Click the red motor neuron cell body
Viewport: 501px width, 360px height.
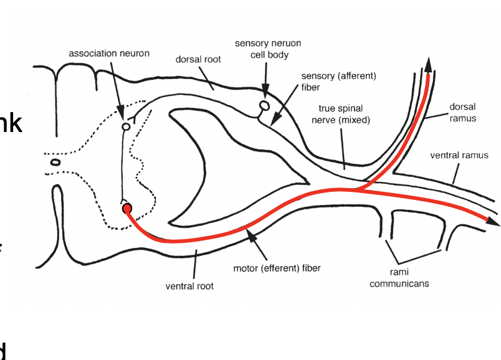127,209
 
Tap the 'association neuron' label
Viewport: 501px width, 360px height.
109,54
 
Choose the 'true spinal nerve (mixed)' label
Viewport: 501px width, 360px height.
341,115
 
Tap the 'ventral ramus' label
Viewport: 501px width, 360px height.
459,155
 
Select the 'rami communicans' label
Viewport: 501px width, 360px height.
399,278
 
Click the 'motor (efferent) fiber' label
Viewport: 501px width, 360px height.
277,269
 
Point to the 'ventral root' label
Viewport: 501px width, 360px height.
189,287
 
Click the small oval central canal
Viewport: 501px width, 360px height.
55,163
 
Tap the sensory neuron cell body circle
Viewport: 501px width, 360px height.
264,106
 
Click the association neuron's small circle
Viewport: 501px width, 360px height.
125,126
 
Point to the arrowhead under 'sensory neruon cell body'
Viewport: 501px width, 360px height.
266,95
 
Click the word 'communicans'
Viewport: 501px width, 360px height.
399,284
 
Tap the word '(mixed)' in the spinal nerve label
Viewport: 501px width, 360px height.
355,120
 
